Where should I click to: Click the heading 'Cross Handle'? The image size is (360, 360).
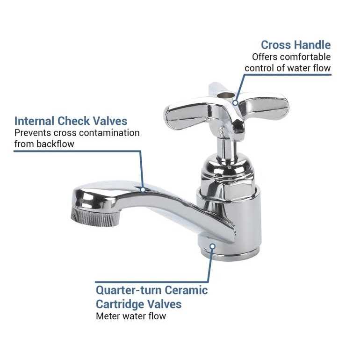click(295, 45)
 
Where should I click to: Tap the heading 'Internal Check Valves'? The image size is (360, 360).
click(71, 121)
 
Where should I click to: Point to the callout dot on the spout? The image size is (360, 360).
click(143, 189)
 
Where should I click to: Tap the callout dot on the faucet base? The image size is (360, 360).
click(212, 245)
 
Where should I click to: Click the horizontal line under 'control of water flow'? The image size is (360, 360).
click(288, 74)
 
